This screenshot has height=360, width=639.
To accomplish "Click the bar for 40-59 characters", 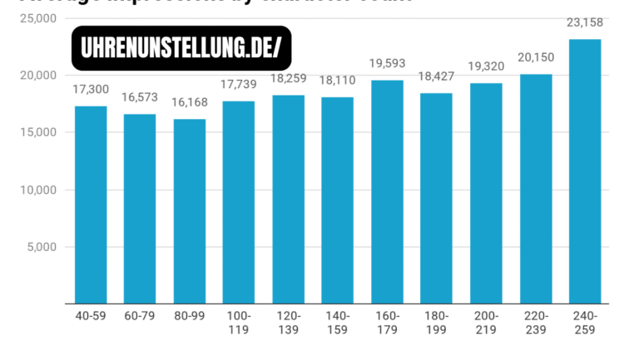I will tap(91, 205).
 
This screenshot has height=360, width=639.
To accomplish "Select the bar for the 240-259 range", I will tap(585, 171).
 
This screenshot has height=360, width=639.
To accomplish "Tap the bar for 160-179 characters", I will tap(387, 191).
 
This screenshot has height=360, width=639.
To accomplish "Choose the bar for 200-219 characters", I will tap(486, 193).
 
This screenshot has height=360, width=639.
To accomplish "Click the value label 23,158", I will tap(585, 22).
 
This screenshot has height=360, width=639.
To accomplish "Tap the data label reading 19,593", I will tap(387, 64).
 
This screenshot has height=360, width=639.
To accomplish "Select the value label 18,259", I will tap(288, 80).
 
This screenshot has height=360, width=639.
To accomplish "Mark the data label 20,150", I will tap(535, 57).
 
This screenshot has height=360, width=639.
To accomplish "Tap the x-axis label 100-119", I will tap(239, 323).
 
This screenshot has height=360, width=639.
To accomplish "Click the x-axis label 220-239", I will tap(535, 323).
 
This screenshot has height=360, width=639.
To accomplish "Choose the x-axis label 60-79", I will tap(140, 317).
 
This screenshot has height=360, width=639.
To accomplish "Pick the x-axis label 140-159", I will tap(338, 323).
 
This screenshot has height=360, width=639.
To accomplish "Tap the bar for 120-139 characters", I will tap(288, 200).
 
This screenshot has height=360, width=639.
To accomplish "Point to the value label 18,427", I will tap(436, 77).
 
